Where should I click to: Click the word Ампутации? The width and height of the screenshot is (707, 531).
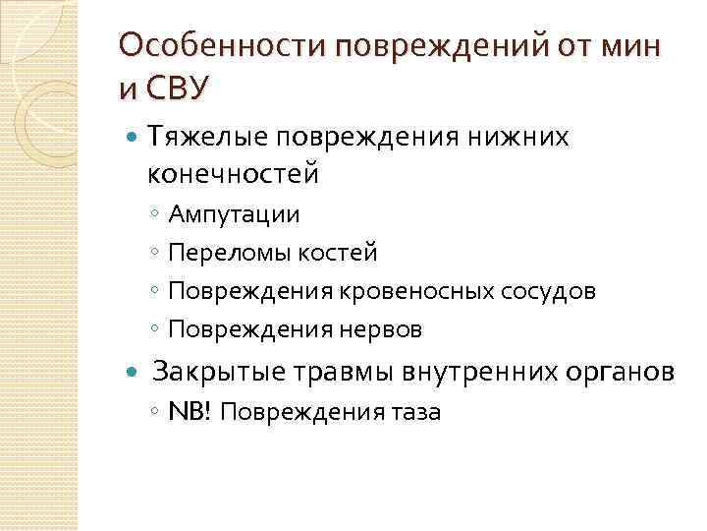(x=234, y=213)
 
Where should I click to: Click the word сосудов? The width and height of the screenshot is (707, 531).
(x=548, y=291)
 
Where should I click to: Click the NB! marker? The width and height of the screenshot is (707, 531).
(x=190, y=411)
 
